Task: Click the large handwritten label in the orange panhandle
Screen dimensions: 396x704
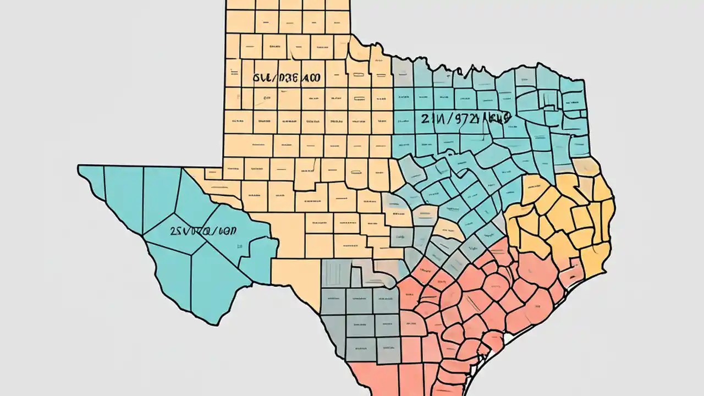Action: coord(287,79)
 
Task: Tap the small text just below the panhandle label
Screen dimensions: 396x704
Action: coord(267,98)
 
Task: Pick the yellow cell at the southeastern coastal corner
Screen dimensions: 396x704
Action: coord(594,258)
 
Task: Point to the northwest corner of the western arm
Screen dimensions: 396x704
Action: coord(79,166)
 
